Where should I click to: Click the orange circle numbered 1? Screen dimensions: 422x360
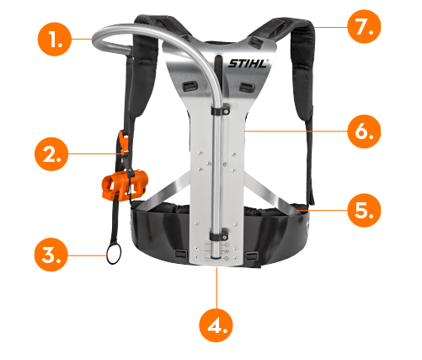[x=55, y=40]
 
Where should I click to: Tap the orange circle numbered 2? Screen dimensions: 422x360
[x=51, y=154]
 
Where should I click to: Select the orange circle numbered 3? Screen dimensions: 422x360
[x=51, y=255]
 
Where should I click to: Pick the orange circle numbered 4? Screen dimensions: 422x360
[x=216, y=325]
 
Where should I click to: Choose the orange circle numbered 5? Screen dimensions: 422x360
[x=364, y=210]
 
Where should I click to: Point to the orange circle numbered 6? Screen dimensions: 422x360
[x=364, y=132]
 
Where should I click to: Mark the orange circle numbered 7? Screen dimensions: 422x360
[x=364, y=26]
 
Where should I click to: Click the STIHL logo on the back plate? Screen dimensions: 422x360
[x=248, y=63]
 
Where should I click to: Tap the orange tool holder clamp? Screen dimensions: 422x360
[x=125, y=185]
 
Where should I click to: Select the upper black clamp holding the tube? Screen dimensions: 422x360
[x=221, y=110]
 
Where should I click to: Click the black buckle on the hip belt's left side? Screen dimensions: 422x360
[x=180, y=255]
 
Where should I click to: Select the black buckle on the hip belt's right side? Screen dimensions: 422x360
[x=252, y=255]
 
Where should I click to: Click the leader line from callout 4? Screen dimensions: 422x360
[x=216, y=288]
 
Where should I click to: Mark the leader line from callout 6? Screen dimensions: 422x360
[x=296, y=131]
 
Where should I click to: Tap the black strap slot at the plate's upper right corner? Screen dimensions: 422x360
[x=256, y=41]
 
